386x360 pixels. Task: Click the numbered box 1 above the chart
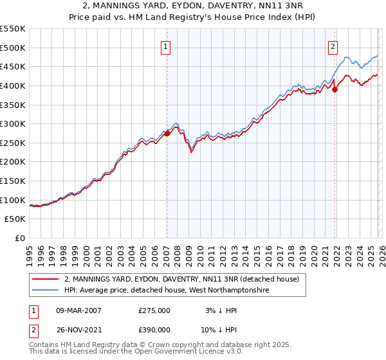(x=166, y=46)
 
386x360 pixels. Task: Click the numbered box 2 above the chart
(x=333, y=46)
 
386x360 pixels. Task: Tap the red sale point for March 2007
(x=167, y=133)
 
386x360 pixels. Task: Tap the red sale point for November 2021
(x=335, y=89)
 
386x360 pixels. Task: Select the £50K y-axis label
(x=15, y=219)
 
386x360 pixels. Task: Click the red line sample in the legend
(x=46, y=280)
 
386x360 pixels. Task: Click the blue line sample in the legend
(x=46, y=291)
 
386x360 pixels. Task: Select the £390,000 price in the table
(x=154, y=328)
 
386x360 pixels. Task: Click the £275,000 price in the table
(x=154, y=310)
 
